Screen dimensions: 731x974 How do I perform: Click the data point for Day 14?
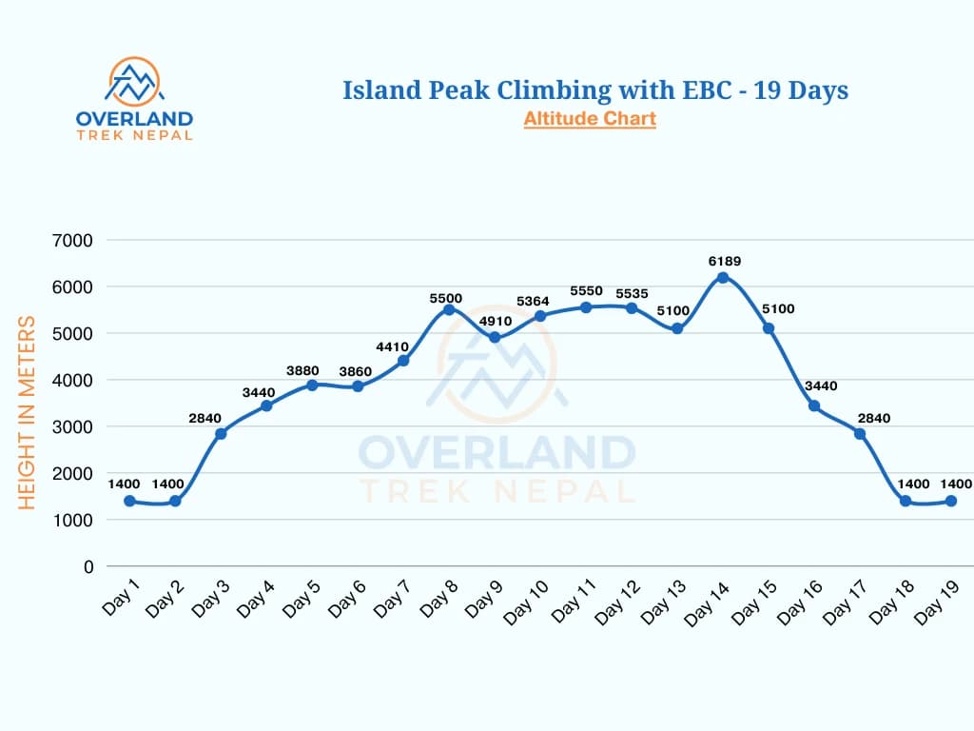[723, 278]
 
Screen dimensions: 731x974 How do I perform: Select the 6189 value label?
[723, 261]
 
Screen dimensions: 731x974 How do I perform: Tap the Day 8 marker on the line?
[449, 310]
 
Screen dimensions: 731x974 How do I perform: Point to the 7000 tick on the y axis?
[74, 240]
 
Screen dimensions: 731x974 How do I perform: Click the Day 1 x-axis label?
[121, 597]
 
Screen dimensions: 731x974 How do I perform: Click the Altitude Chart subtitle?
[590, 119]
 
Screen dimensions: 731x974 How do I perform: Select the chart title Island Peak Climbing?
[595, 90]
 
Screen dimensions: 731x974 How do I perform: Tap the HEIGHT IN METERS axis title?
[28, 412]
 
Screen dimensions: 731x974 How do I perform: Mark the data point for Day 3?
[221, 434]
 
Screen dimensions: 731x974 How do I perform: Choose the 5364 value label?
[540, 301]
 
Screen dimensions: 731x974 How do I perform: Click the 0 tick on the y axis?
[88, 566]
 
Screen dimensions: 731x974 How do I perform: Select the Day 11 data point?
[586, 307]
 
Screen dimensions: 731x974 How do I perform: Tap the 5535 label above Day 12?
[632, 293]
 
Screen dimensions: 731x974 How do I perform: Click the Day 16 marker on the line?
[814, 406]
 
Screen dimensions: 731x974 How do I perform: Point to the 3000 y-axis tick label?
[74, 426]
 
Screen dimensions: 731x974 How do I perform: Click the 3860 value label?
[358, 369]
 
